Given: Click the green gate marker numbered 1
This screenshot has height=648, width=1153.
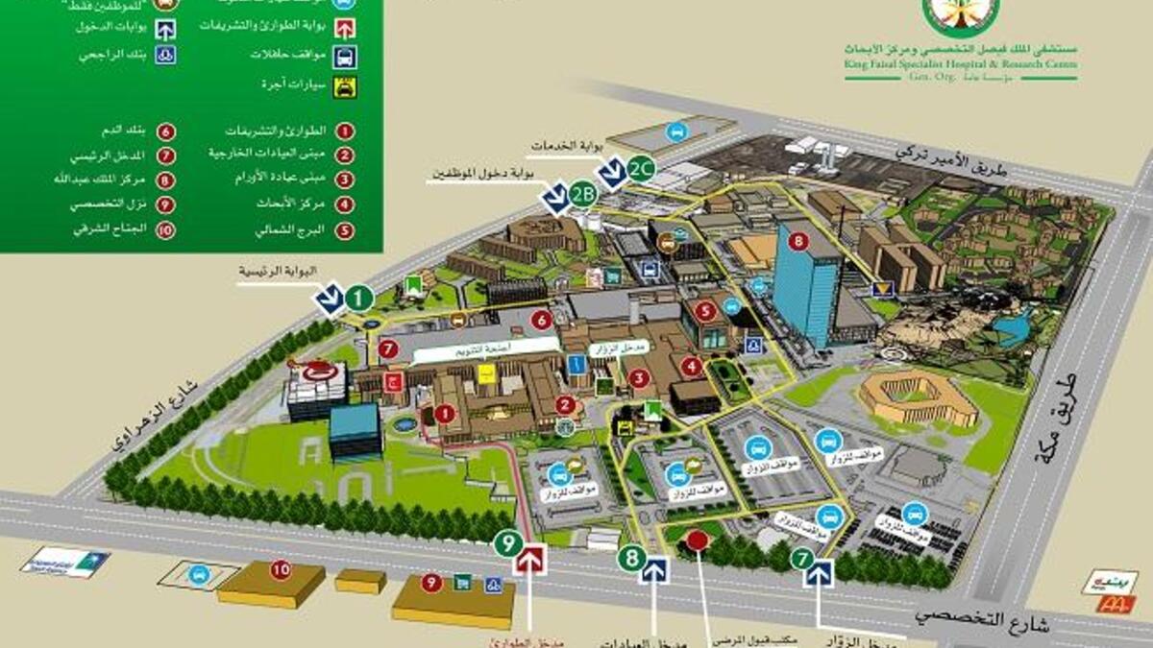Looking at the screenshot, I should (358, 298).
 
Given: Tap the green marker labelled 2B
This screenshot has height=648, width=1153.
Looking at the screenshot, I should (581, 194).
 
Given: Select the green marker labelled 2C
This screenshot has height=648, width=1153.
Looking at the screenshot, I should (642, 169).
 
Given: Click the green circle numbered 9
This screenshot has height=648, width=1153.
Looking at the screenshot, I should (508, 543).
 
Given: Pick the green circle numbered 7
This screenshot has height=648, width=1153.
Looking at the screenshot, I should (803, 557).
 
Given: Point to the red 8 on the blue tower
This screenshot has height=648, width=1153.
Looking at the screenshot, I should (797, 241).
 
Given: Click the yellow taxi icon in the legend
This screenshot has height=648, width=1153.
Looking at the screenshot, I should (342, 87).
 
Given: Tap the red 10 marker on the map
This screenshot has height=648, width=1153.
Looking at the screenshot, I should (280, 569).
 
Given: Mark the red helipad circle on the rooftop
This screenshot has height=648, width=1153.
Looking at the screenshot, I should (318, 372).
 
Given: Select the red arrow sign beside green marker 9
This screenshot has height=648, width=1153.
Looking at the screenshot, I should (530, 560).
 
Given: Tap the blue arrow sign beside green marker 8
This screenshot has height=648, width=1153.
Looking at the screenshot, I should (655, 570).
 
